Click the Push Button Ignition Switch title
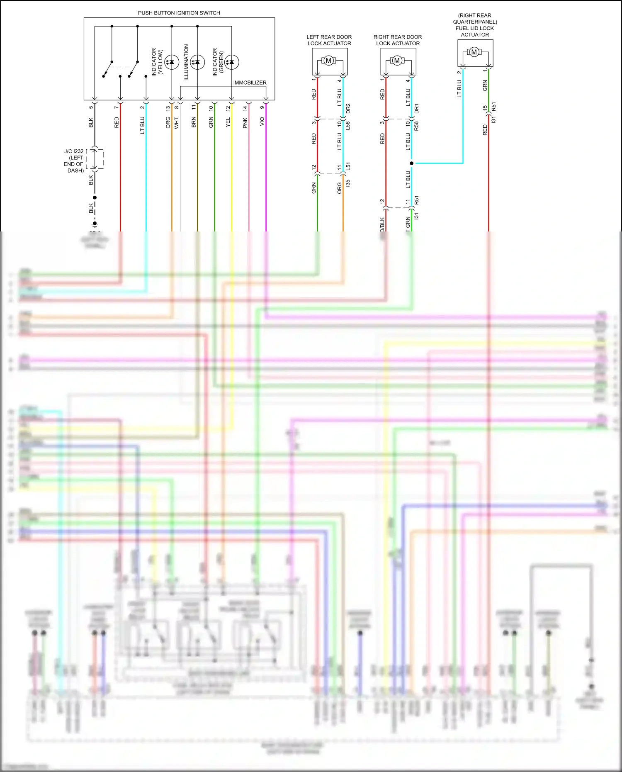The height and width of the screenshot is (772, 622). pos(179,13)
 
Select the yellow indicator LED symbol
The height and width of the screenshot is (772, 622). pos(172,62)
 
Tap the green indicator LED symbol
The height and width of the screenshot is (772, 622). pos(231,62)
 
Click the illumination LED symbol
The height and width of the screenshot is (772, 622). pos(197,62)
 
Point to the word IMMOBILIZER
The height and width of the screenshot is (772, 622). pos(250,83)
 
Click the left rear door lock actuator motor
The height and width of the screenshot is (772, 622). pos(328,61)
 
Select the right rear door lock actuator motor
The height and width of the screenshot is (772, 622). pos(397,61)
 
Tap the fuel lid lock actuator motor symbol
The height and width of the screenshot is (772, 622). pos(474,52)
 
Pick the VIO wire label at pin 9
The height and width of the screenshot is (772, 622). pos(262,122)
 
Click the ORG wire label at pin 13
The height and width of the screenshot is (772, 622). pos(168,122)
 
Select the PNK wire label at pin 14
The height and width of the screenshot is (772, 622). pos(245,122)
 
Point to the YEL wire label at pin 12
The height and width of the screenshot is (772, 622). pos(228,122)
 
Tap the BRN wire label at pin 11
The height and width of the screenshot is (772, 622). pos(194,122)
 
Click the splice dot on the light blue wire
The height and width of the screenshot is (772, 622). pos(411,163)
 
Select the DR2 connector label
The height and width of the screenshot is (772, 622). pos(348,109)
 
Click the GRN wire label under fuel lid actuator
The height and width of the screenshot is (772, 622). pos(485,86)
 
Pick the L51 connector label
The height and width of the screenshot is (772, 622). pos(348,166)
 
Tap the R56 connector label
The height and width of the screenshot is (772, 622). pos(416,126)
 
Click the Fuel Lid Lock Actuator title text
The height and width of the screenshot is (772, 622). pos(475,25)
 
